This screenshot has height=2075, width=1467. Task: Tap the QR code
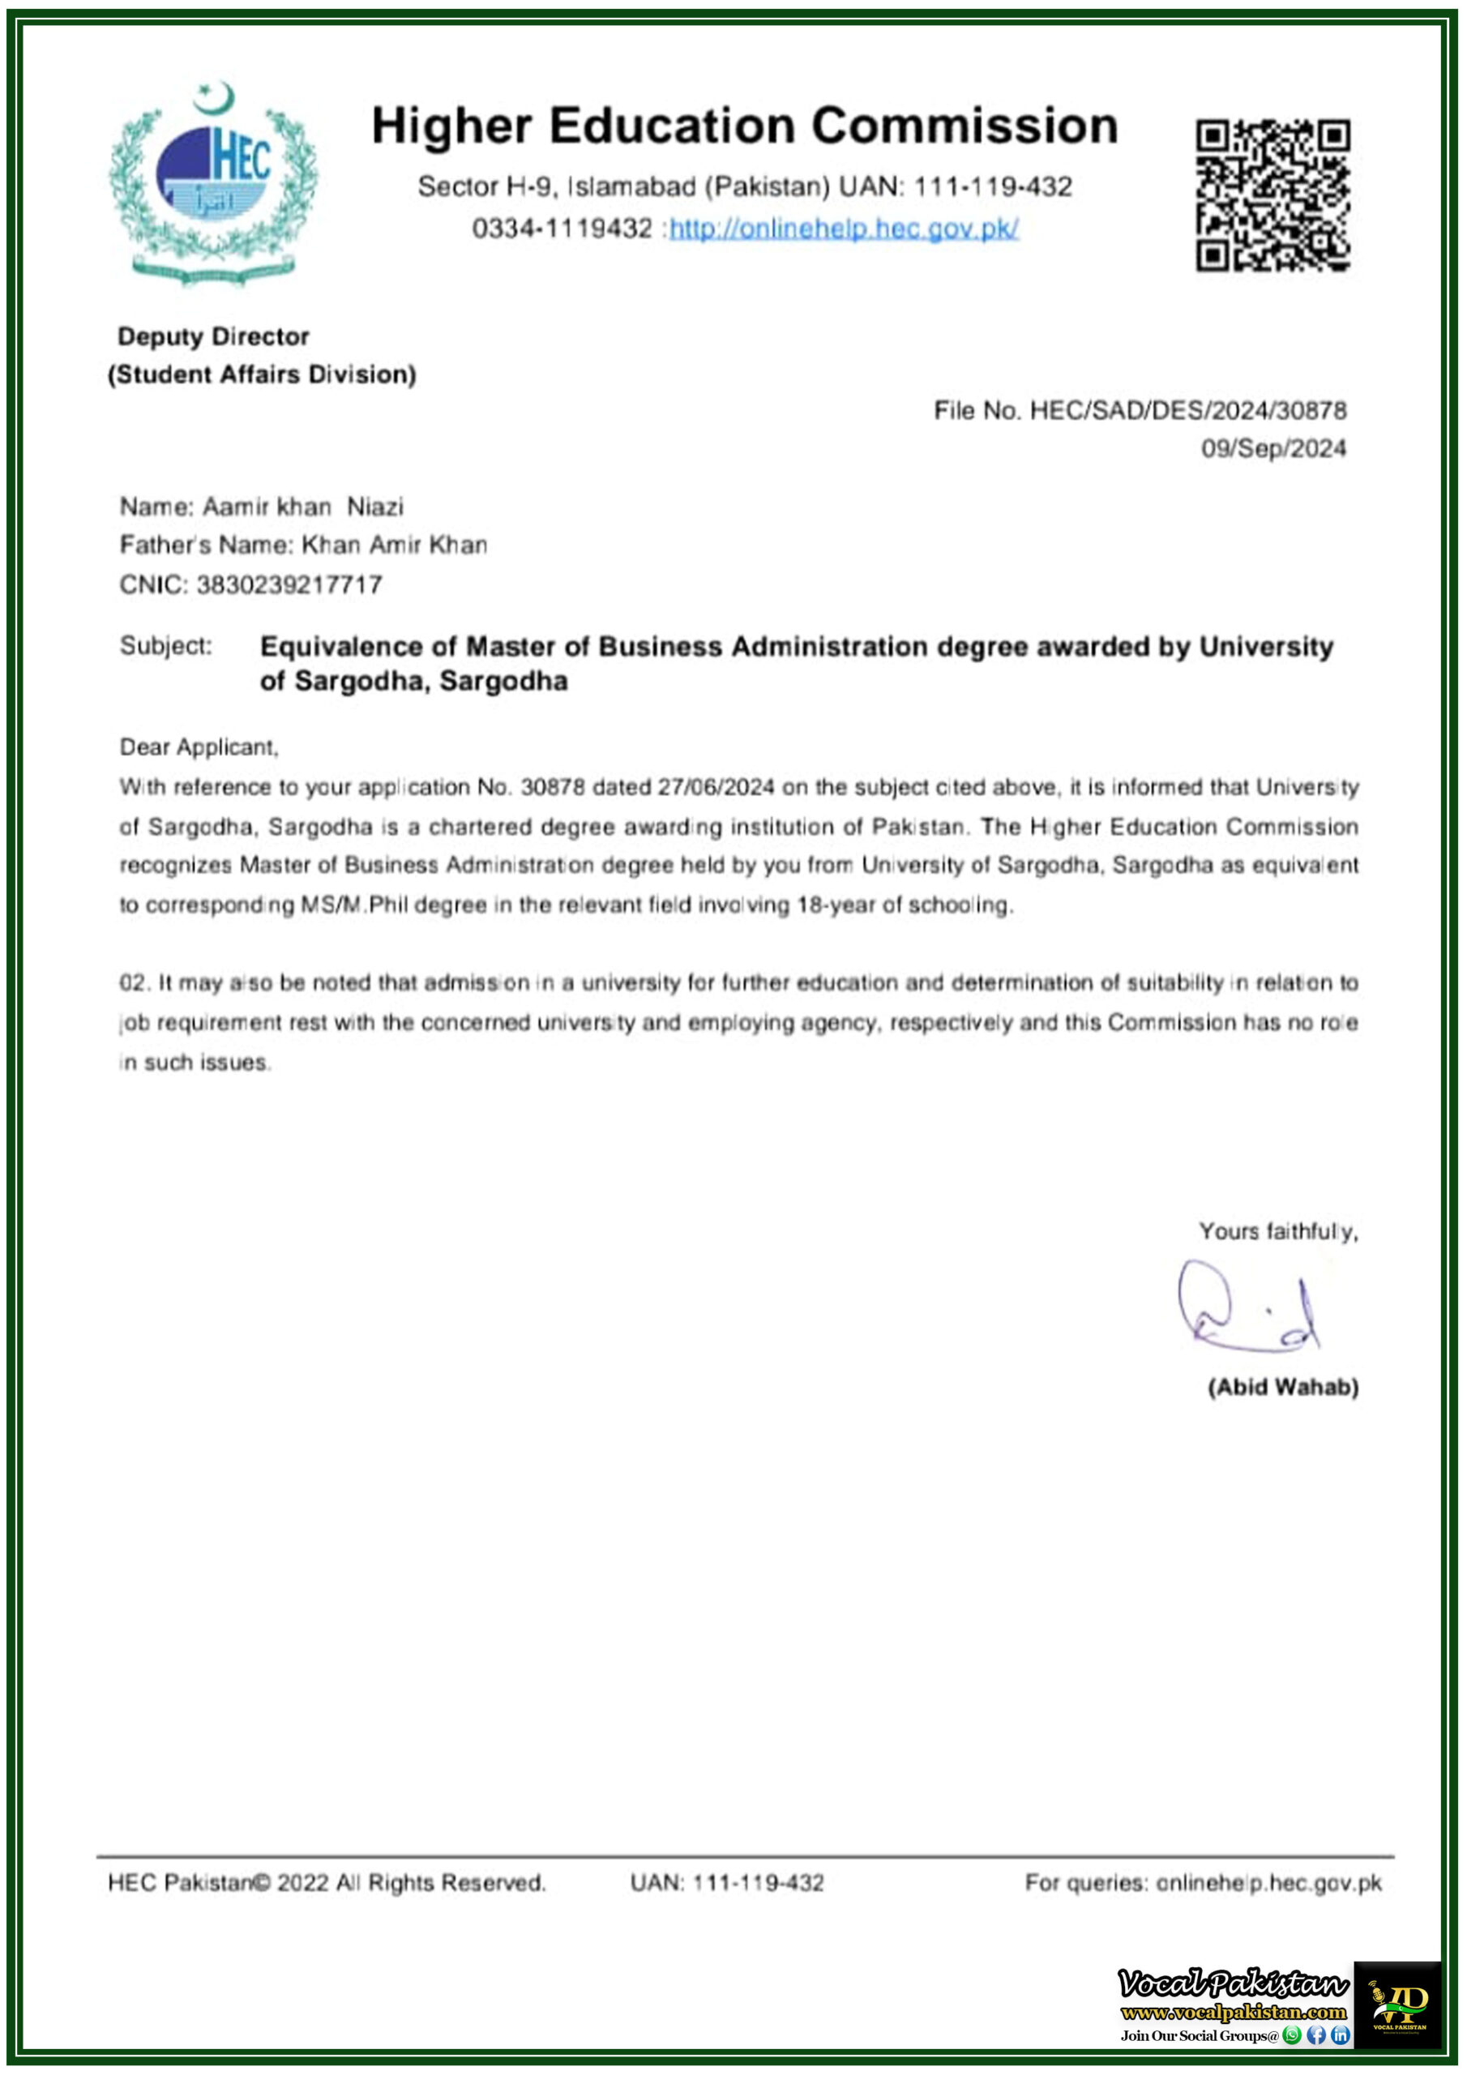(x=1272, y=195)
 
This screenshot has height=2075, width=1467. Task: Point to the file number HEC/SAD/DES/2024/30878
(x=1187, y=411)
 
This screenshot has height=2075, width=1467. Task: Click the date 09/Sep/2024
(x=1272, y=449)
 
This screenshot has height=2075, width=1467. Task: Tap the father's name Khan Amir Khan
(x=394, y=545)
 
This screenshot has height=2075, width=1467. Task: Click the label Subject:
(x=165, y=646)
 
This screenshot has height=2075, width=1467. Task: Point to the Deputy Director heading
(x=213, y=337)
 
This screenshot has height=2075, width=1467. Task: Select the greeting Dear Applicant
(x=199, y=747)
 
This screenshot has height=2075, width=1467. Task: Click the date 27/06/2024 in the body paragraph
(x=715, y=787)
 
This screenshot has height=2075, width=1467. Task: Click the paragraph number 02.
(x=132, y=983)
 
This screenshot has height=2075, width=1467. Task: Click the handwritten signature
(x=1247, y=1307)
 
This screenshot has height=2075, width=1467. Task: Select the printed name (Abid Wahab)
(x=1282, y=1387)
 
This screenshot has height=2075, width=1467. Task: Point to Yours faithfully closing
(x=1277, y=1232)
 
